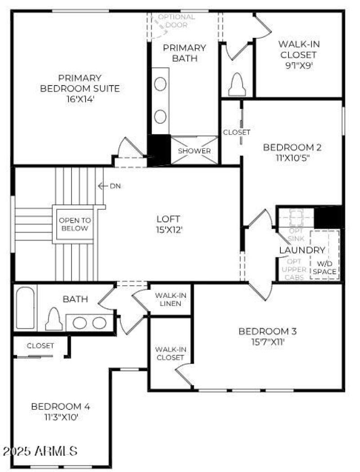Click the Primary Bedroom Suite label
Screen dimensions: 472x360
coord(80,83)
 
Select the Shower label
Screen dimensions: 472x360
coord(194,151)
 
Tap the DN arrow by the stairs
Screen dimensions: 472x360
coord(103,186)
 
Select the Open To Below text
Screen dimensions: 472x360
coord(75,224)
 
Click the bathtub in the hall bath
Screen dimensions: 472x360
coord(25,308)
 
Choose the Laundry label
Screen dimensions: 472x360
coord(302,250)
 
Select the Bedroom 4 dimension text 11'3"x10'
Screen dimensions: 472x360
coord(61,417)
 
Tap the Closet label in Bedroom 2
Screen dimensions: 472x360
coord(236,132)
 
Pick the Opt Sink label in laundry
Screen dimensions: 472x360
coord(295,234)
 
